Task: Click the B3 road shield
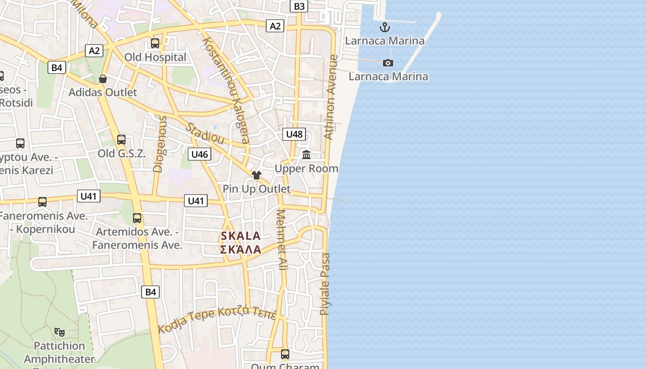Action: click(299, 6)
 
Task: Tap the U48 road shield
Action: click(294, 134)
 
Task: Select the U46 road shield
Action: click(199, 154)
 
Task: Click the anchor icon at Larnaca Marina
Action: click(385, 27)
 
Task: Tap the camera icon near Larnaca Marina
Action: click(388, 63)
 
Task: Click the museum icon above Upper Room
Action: click(306, 155)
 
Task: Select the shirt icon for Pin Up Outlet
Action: click(257, 175)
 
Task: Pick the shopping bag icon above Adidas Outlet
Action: click(103, 79)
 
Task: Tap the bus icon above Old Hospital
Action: click(155, 44)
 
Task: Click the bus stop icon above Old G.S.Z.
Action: click(121, 140)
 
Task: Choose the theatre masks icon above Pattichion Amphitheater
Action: click(60, 332)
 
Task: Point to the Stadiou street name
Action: click(205, 133)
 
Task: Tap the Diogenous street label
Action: click(159, 144)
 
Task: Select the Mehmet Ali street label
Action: click(282, 240)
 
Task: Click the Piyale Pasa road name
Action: click(325, 284)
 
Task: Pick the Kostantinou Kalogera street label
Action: click(226, 90)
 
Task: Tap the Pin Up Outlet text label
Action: click(257, 189)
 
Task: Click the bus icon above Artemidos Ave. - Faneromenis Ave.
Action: click(137, 218)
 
